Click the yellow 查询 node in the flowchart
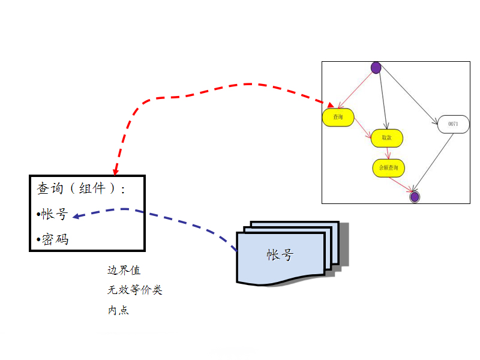338,118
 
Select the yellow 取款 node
386,138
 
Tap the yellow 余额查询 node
388,167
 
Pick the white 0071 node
453,124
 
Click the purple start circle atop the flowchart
376,68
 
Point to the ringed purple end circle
414,196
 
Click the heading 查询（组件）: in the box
81,188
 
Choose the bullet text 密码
54,239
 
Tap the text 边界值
124,271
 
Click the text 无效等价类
134,290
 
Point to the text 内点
118,310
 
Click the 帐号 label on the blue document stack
280,255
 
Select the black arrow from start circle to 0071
410,93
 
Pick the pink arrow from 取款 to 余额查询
388,153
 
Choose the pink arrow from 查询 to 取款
362,128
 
